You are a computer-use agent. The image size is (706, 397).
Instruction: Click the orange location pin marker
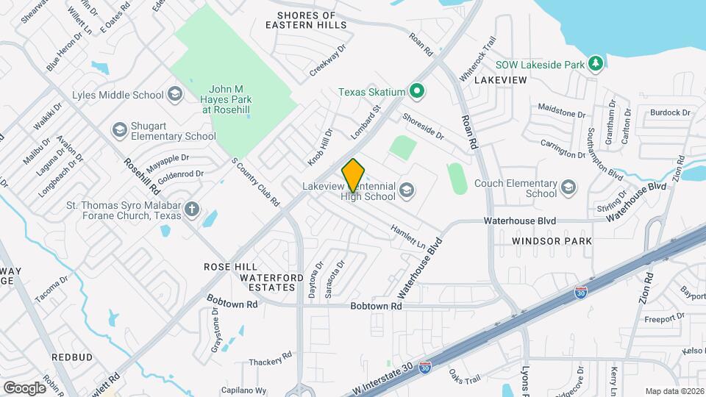pyautogui.click(x=354, y=176)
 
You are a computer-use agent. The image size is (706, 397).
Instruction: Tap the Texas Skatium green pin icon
pyautogui.click(x=417, y=92)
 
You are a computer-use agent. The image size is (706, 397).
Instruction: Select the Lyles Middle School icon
pyautogui.click(x=175, y=94)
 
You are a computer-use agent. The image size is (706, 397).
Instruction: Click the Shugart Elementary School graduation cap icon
pyautogui.click(x=119, y=130)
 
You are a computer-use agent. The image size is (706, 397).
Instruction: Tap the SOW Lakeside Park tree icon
pyautogui.click(x=596, y=65)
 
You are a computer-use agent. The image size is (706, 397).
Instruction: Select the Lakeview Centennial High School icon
pyautogui.click(x=406, y=192)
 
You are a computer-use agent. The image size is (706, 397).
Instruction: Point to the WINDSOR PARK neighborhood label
pyautogui.click(x=552, y=241)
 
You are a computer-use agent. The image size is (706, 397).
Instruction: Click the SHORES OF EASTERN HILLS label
pyautogui.click(x=306, y=20)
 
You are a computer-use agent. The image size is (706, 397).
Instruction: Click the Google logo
pyautogui.click(x=24, y=387)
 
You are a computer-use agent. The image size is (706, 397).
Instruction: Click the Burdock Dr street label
pyautogui.click(x=670, y=112)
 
